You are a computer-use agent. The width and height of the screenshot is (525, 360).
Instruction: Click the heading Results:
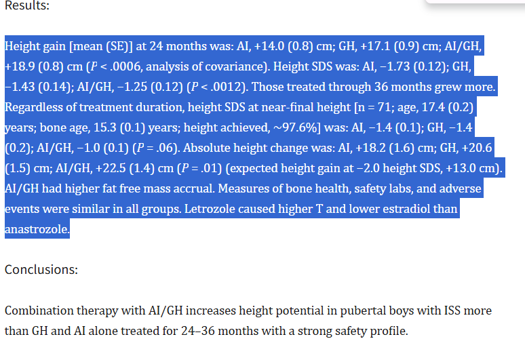(x=27, y=5)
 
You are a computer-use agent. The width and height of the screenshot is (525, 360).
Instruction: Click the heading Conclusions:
(x=41, y=269)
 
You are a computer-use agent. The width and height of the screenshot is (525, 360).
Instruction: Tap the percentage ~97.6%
(x=294, y=128)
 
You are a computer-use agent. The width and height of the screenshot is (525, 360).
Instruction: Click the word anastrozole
(x=36, y=230)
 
